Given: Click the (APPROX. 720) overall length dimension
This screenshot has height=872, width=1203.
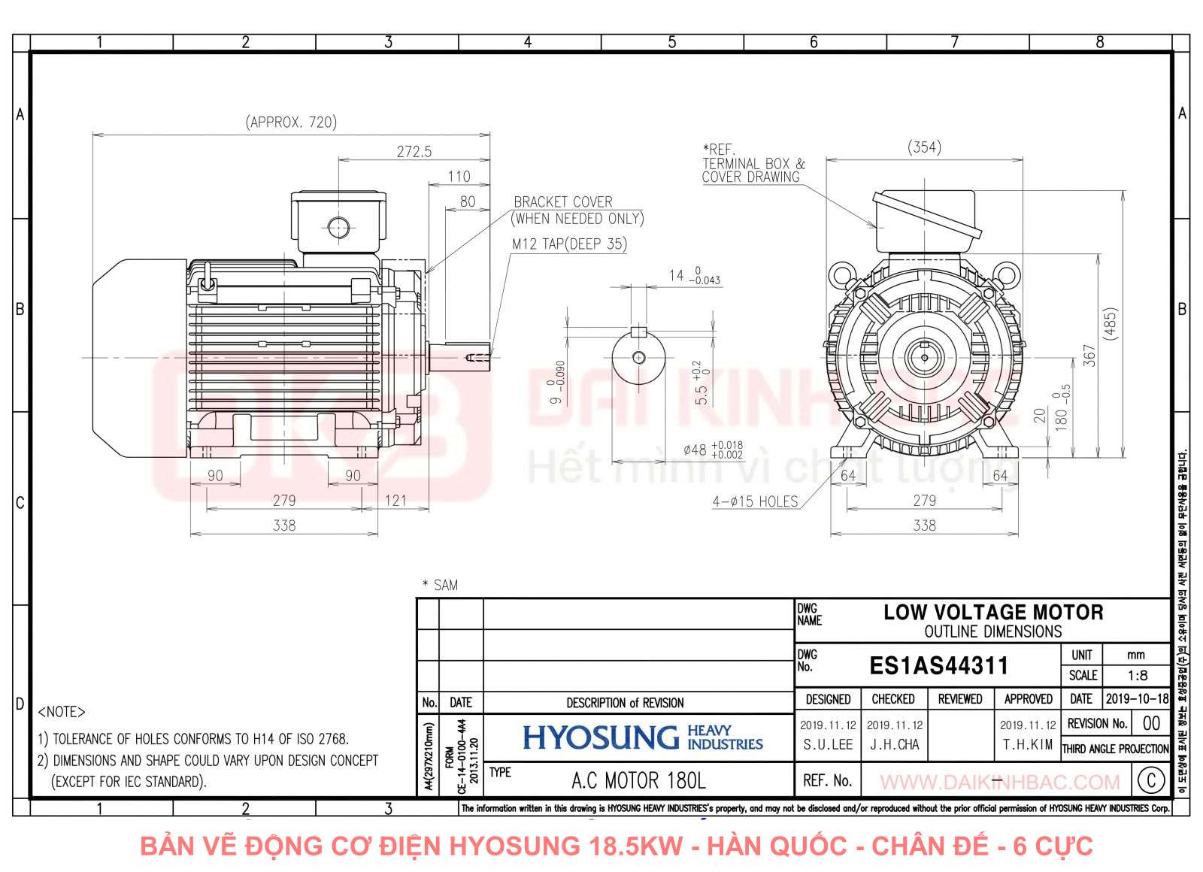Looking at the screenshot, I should [x=291, y=122].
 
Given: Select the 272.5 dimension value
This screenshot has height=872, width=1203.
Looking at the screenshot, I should [x=414, y=151].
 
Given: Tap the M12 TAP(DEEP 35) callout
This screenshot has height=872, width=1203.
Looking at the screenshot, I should [x=569, y=244].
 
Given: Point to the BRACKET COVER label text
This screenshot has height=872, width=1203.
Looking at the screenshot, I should [x=563, y=201].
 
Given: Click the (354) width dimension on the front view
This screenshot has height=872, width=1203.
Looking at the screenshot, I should [x=924, y=147].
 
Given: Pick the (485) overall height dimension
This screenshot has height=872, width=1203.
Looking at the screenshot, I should [x=1111, y=324].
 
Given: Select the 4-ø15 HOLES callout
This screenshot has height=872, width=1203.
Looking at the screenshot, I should [x=755, y=501].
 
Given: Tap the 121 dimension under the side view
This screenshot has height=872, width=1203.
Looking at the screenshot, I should [x=395, y=500].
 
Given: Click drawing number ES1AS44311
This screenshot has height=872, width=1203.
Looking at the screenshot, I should [x=938, y=665].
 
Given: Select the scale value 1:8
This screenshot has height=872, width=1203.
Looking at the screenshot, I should [x=1138, y=675].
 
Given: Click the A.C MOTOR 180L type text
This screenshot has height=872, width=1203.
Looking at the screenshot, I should [x=638, y=781].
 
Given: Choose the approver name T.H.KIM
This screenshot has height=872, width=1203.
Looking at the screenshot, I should [x=1028, y=744].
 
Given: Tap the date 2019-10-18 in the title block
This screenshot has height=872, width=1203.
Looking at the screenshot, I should [x=1137, y=698].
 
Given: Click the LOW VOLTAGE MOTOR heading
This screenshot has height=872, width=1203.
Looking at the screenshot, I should [x=992, y=612].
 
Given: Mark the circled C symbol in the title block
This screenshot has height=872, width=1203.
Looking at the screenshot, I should [x=1151, y=780].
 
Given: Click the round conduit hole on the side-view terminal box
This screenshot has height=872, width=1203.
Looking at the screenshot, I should [x=338, y=226].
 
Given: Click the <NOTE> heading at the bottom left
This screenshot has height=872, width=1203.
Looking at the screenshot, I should [x=62, y=711].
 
